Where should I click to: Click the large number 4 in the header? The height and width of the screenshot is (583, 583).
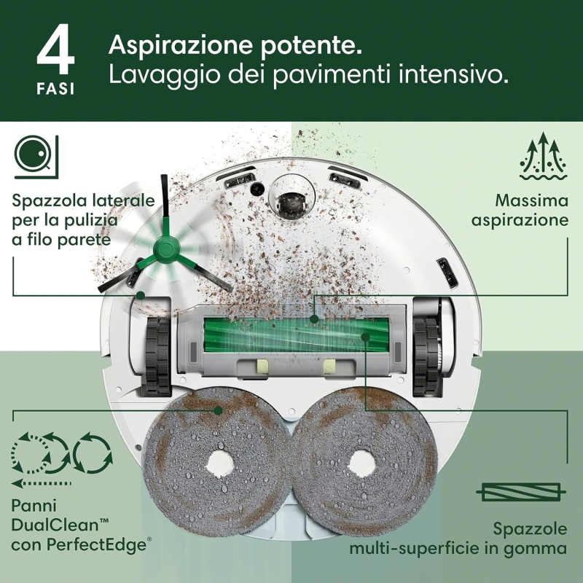click(x=55, y=52)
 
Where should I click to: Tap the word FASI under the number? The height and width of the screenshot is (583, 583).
click(x=55, y=89)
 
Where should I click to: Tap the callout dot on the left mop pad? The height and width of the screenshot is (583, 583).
click(x=217, y=410)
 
